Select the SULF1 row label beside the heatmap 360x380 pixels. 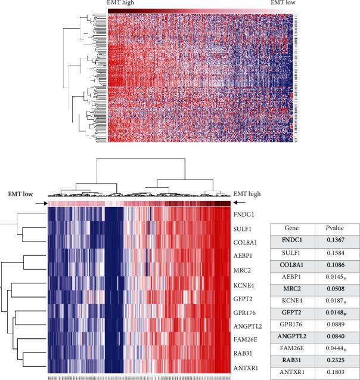244,227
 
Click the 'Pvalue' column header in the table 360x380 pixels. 337,228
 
